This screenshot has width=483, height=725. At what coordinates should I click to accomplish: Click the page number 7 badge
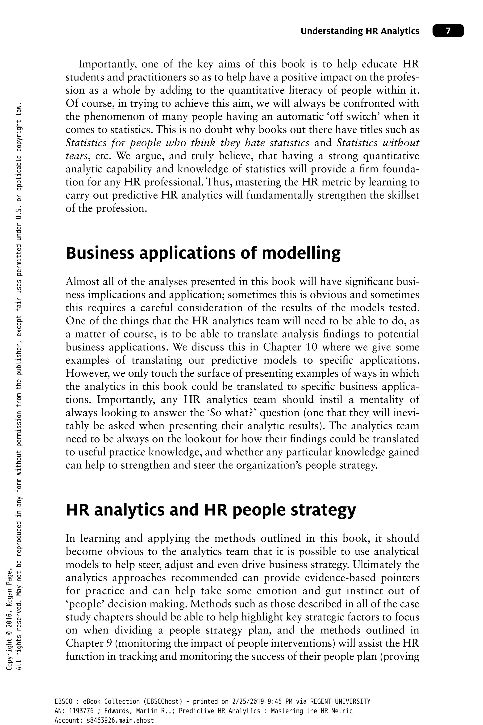coord(448,31)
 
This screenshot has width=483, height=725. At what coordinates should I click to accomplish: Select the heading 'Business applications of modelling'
coord(203,253)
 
